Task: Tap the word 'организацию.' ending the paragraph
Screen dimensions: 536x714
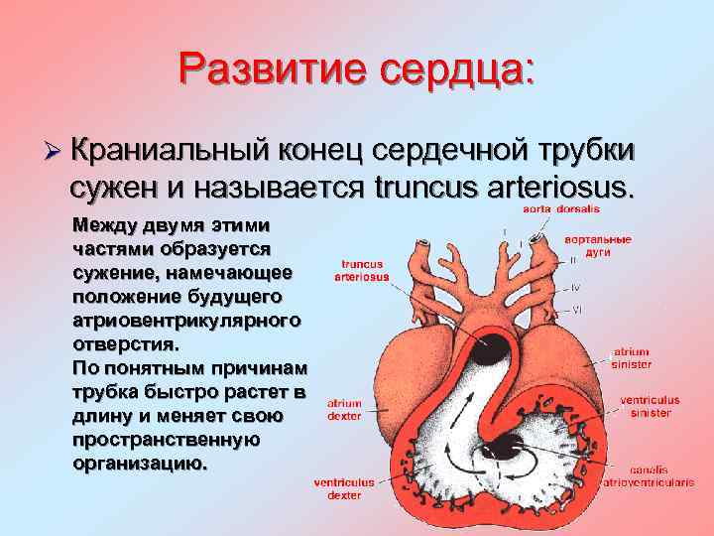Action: [x=141, y=464]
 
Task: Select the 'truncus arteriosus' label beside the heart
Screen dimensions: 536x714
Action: [x=364, y=271]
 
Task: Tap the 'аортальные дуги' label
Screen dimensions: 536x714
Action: [x=597, y=245]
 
